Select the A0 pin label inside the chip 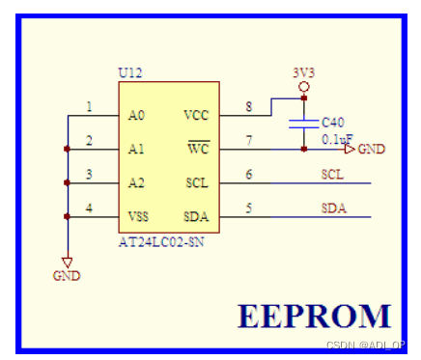point(136,115)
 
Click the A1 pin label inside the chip point(136,149)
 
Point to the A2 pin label point(136,182)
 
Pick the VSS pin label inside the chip point(138,216)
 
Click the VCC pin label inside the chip point(196,115)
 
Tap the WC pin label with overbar point(198,149)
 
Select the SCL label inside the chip point(196,182)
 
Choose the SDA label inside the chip point(196,216)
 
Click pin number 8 point(249,106)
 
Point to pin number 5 point(249,207)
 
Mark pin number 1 point(90,106)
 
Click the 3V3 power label point(303,73)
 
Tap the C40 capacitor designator point(332,123)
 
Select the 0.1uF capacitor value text point(337,139)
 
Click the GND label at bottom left point(68,276)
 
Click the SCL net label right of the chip point(334,175)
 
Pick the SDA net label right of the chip point(334,208)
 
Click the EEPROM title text point(315,316)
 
